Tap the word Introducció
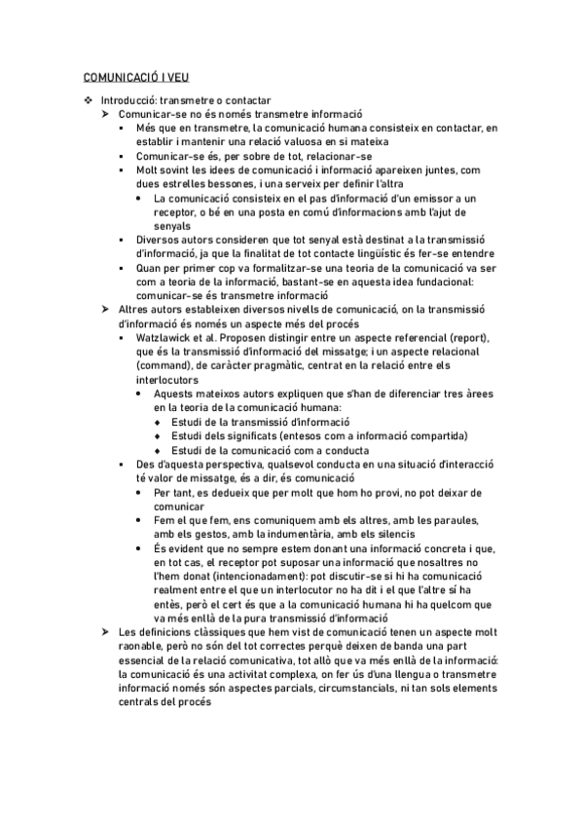[x=129, y=100]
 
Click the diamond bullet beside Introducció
[x=90, y=100]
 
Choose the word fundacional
[x=440, y=282]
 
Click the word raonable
[x=143, y=645]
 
